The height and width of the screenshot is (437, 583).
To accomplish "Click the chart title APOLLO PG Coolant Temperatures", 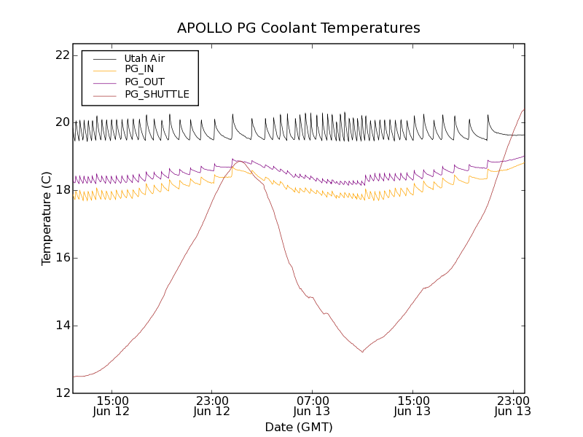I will [299, 28].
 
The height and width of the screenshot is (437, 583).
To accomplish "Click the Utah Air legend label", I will [144, 58].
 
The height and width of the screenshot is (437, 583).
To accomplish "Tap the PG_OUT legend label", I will [144, 82].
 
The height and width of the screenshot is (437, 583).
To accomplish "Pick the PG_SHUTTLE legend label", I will [157, 95].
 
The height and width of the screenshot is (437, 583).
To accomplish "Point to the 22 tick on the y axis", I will [62, 55].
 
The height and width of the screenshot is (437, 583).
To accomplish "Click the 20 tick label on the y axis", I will [62, 122].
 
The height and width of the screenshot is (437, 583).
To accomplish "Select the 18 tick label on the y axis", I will [62, 190].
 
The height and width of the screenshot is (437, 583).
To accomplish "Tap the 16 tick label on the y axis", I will [62, 258].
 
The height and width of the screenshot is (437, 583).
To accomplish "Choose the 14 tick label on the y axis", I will [62, 326].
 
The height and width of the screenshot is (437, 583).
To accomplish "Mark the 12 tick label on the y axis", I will [62, 393].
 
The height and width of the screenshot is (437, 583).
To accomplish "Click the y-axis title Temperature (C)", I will [47, 219].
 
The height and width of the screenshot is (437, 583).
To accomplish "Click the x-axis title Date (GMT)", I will [299, 427].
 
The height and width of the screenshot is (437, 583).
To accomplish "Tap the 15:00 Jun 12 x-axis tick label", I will [112, 406].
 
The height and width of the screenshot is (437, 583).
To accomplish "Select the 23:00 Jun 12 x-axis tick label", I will [212, 406].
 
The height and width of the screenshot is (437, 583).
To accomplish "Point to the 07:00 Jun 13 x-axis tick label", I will [313, 406].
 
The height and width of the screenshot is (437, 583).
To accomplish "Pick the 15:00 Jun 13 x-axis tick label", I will [412, 406].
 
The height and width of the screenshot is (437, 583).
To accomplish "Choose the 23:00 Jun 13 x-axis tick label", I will [512, 406].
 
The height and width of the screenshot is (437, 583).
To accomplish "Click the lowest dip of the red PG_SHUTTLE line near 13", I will [362, 352].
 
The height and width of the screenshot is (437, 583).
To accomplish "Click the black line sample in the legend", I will [104, 58].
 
